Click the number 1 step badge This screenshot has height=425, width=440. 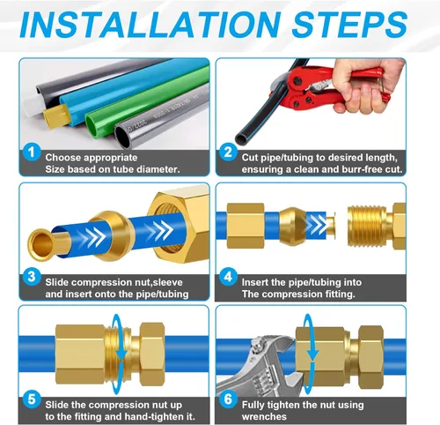coord(32,152)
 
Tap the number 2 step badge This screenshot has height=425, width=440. coord(228,152)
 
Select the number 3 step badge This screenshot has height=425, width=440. coord(32,277)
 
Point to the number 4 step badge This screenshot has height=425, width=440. coord(228,277)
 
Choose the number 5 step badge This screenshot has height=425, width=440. coord(32,399)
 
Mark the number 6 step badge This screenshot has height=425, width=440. coord(228,399)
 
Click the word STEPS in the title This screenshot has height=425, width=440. coord(349,24)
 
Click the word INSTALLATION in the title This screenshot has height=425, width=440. coord(150,24)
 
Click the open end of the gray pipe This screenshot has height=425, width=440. coord(123,137)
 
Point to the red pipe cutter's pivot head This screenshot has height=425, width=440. coord(297,88)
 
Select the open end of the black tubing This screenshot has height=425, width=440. coord(241,138)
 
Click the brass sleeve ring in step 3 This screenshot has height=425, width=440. coord(112,235)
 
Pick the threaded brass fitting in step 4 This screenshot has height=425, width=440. coord(377,226)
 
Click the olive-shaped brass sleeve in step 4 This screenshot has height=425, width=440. coord(293,226)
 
